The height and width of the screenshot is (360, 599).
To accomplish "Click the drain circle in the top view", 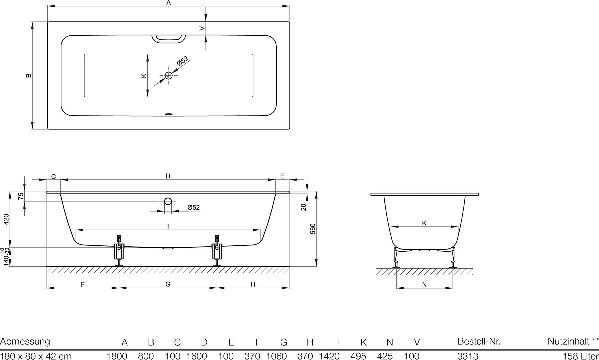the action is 169,76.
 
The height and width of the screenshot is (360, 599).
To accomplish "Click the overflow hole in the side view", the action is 168,201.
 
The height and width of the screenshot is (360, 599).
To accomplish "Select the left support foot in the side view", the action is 119,251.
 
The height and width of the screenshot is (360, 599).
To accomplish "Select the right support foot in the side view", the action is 217,251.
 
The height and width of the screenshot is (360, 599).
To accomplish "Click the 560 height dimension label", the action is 313,229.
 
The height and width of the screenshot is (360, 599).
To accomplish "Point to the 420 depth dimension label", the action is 6,219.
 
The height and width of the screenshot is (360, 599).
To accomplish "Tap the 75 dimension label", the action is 21,196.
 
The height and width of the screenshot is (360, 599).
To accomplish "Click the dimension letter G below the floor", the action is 168,284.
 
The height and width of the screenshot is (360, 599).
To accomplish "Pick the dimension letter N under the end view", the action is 424,284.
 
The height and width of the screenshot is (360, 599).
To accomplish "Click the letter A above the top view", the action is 169,2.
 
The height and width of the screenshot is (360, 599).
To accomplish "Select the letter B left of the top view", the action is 29,76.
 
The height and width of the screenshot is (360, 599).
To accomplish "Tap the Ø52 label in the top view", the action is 183,61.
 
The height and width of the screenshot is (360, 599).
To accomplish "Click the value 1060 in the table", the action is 276,356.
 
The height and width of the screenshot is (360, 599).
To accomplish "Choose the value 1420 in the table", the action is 329,356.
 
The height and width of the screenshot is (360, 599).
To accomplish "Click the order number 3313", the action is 468,356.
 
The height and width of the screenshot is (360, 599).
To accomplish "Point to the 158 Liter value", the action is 581,356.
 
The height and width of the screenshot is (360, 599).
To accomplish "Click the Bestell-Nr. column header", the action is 479,341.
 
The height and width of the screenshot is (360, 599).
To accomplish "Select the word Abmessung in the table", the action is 25,342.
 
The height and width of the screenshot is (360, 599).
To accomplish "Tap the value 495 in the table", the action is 358,356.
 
